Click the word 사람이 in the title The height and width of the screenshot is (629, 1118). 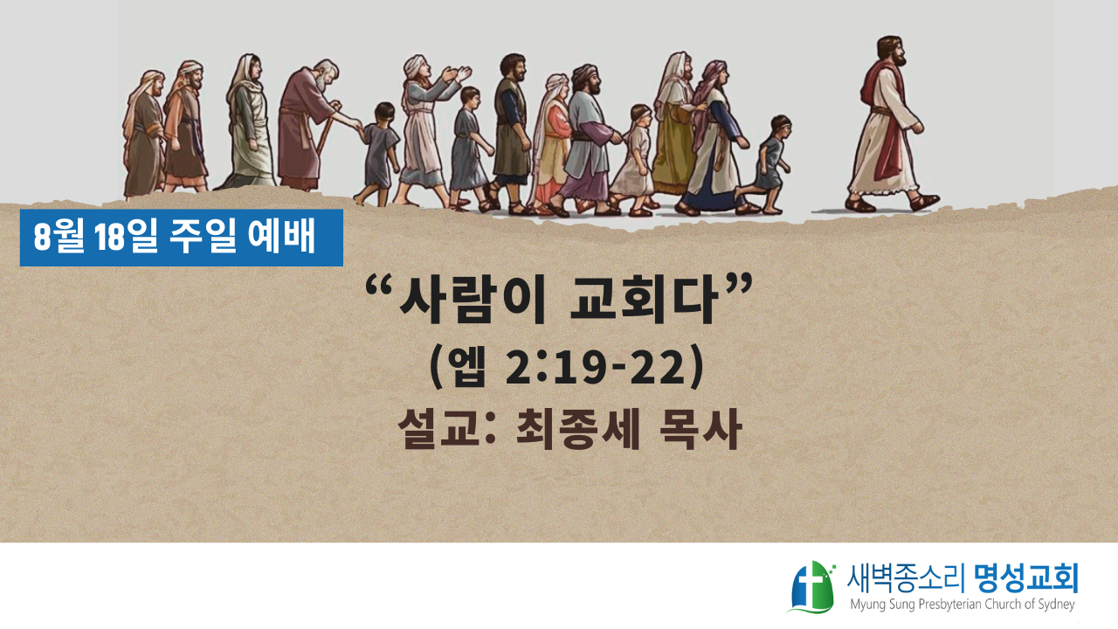pos(473,302)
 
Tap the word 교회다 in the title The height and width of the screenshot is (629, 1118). pos(644,302)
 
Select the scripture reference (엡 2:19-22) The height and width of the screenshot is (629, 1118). pos(567,368)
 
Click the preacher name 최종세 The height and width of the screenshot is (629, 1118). pos(577,430)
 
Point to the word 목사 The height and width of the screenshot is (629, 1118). pos(700,430)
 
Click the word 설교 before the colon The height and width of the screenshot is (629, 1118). pos(439,430)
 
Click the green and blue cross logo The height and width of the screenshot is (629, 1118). pos(812,587)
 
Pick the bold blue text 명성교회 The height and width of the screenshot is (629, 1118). pos(1026,579)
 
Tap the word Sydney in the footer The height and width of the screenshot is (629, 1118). pos(1056,605)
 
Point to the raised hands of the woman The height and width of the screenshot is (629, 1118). pos(457,75)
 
